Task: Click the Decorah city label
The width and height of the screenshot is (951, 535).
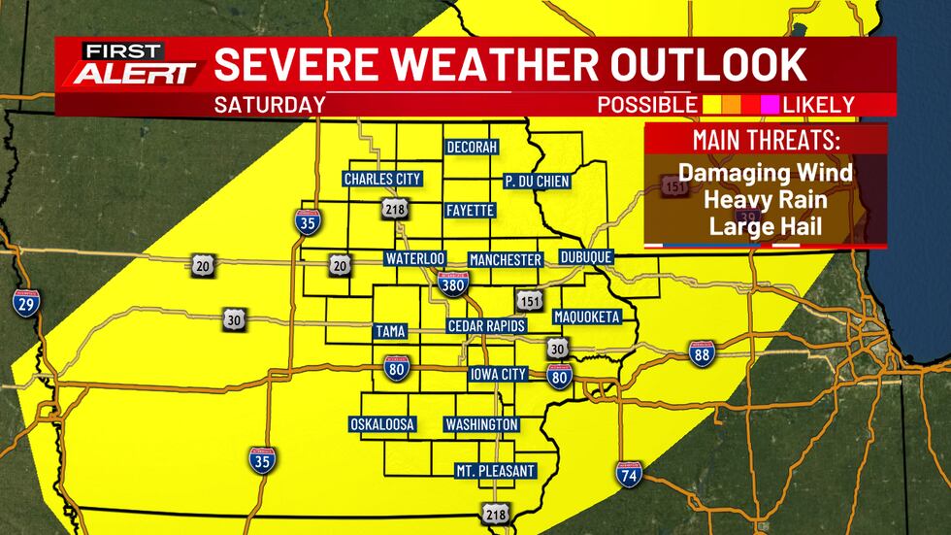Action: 472,147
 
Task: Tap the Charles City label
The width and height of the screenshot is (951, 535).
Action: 381,179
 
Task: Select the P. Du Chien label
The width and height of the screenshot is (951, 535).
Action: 537,181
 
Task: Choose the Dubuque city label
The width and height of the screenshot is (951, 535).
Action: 586,258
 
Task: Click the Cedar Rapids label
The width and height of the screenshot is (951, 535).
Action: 486,326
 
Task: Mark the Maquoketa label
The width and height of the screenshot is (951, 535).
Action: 586,318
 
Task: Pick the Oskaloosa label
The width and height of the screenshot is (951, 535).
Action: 382,424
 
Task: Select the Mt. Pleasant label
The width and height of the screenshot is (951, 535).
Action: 495,471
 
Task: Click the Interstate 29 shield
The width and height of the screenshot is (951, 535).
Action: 26,303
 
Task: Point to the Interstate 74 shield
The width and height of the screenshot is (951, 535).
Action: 629,475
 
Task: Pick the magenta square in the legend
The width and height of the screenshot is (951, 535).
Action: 771,104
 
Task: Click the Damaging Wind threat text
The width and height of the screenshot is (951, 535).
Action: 765,173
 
